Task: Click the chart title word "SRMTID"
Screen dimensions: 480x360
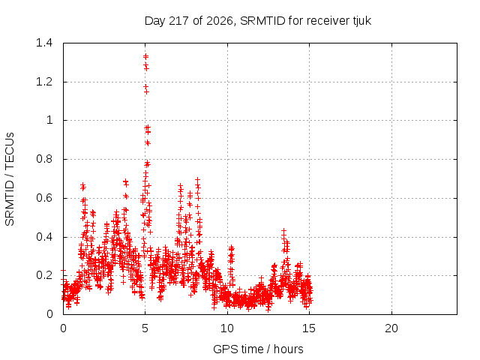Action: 263,21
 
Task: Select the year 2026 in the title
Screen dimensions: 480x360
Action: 220,21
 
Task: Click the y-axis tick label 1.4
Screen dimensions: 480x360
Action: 44,43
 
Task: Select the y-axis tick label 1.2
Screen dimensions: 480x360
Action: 44,82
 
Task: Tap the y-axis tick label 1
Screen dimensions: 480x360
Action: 49,120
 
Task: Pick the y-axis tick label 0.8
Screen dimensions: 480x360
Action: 44,159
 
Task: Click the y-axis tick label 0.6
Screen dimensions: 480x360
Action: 44,198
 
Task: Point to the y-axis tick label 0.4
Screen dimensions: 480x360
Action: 44,237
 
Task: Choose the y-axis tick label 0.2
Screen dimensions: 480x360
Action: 44,275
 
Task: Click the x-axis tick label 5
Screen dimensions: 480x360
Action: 145,328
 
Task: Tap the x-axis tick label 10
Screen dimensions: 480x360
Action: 227,328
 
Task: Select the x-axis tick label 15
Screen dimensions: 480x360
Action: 309,328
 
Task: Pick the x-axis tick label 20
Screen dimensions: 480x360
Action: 391,328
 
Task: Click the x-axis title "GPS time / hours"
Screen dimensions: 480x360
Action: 258,349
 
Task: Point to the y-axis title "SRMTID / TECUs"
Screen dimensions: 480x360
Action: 10,179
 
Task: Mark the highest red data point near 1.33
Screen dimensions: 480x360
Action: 145,56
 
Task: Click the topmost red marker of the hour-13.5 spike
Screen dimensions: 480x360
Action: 283,230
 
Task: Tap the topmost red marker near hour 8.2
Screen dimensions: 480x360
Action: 198,180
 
